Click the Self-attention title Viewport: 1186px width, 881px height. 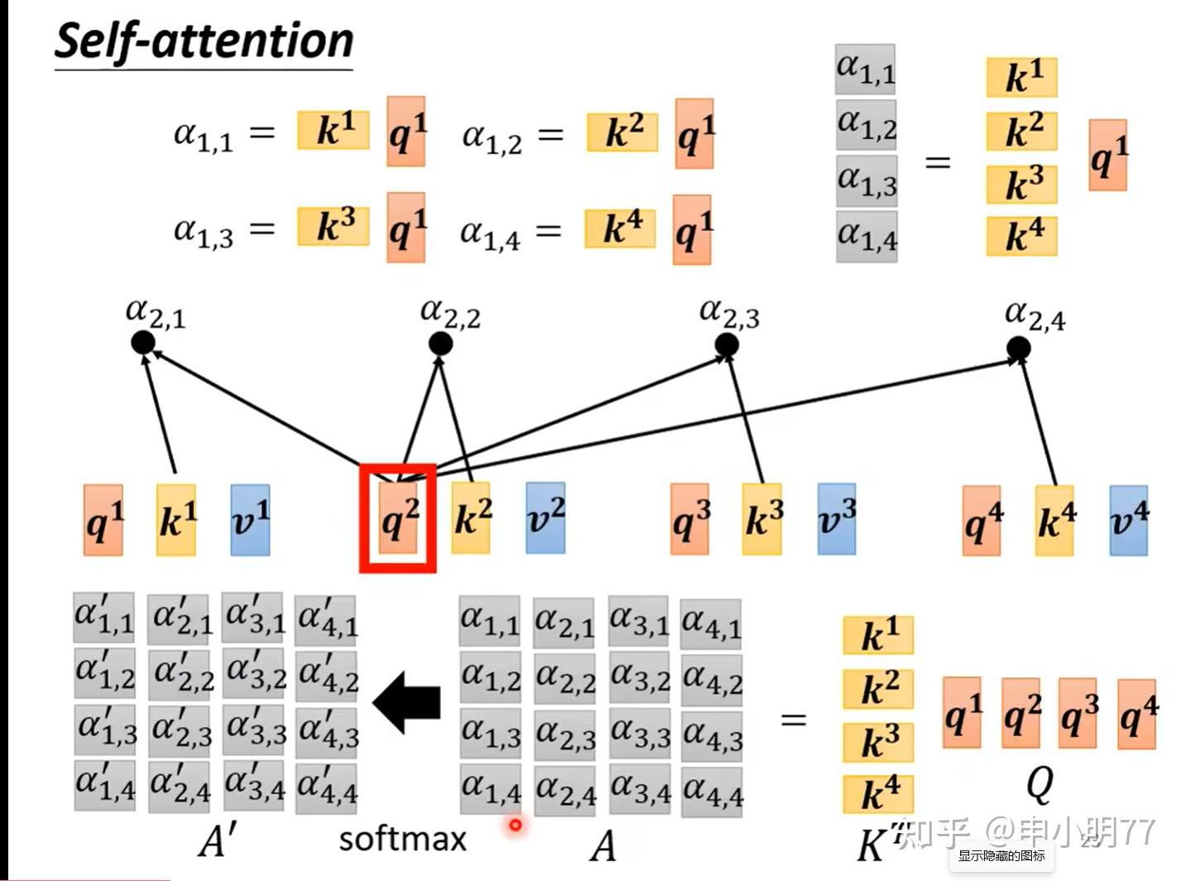(x=204, y=41)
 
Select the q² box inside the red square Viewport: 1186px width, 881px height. (x=399, y=520)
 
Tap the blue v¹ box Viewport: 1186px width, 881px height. (x=250, y=520)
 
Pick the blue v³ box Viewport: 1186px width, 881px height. (x=837, y=520)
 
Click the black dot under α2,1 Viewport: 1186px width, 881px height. (x=143, y=342)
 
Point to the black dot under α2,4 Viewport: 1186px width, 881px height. (x=1019, y=349)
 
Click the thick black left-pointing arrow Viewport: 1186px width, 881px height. (x=407, y=702)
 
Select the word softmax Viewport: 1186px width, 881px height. (x=403, y=839)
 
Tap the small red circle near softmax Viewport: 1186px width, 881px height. (x=516, y=825)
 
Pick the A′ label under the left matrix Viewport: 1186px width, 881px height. (x=217, y=842)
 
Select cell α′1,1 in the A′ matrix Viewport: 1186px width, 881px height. (x=103, y=617)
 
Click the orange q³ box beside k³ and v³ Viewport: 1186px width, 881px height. (x=690, y=520)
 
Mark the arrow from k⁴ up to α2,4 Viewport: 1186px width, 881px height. (x=1039, y=422)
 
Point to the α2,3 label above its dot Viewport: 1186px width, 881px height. (x=728, y=314)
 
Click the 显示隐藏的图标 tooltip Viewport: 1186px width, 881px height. (x=1001, y=856)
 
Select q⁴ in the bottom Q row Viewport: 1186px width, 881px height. (x=1137, y=714)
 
